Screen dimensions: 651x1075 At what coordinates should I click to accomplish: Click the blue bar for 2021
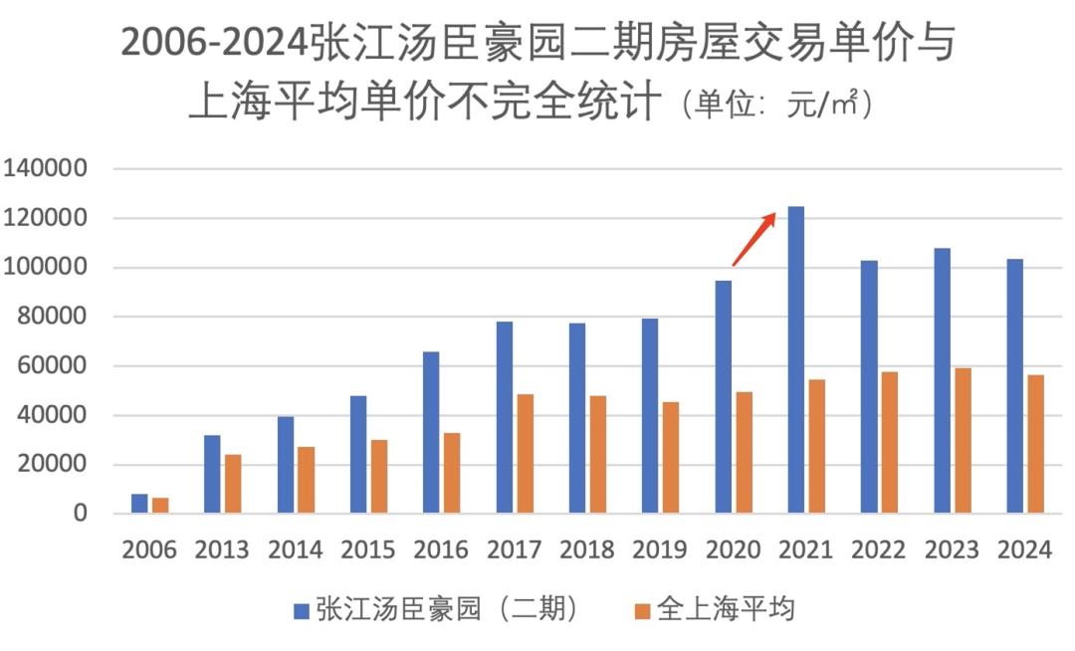796,360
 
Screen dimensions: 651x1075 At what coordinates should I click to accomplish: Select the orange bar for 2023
963,441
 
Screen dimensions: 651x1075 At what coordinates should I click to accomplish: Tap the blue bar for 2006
139,504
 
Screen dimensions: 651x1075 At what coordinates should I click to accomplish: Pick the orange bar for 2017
526,454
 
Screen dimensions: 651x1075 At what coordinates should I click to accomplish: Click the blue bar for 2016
431,433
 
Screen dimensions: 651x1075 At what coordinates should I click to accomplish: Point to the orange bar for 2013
233,484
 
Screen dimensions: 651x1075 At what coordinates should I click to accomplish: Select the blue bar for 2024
1014,386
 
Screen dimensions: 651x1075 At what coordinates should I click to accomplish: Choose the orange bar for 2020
744,453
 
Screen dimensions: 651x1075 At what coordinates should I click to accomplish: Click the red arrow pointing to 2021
753,239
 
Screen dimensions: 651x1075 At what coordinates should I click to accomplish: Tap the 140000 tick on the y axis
47,169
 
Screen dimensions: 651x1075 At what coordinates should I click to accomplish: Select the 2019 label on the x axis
660,549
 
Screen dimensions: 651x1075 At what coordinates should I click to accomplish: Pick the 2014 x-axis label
295,549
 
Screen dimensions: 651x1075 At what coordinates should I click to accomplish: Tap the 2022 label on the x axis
879,549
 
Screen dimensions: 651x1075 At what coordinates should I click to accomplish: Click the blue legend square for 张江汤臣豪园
302,610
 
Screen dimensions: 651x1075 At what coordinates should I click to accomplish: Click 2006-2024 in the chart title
214,45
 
